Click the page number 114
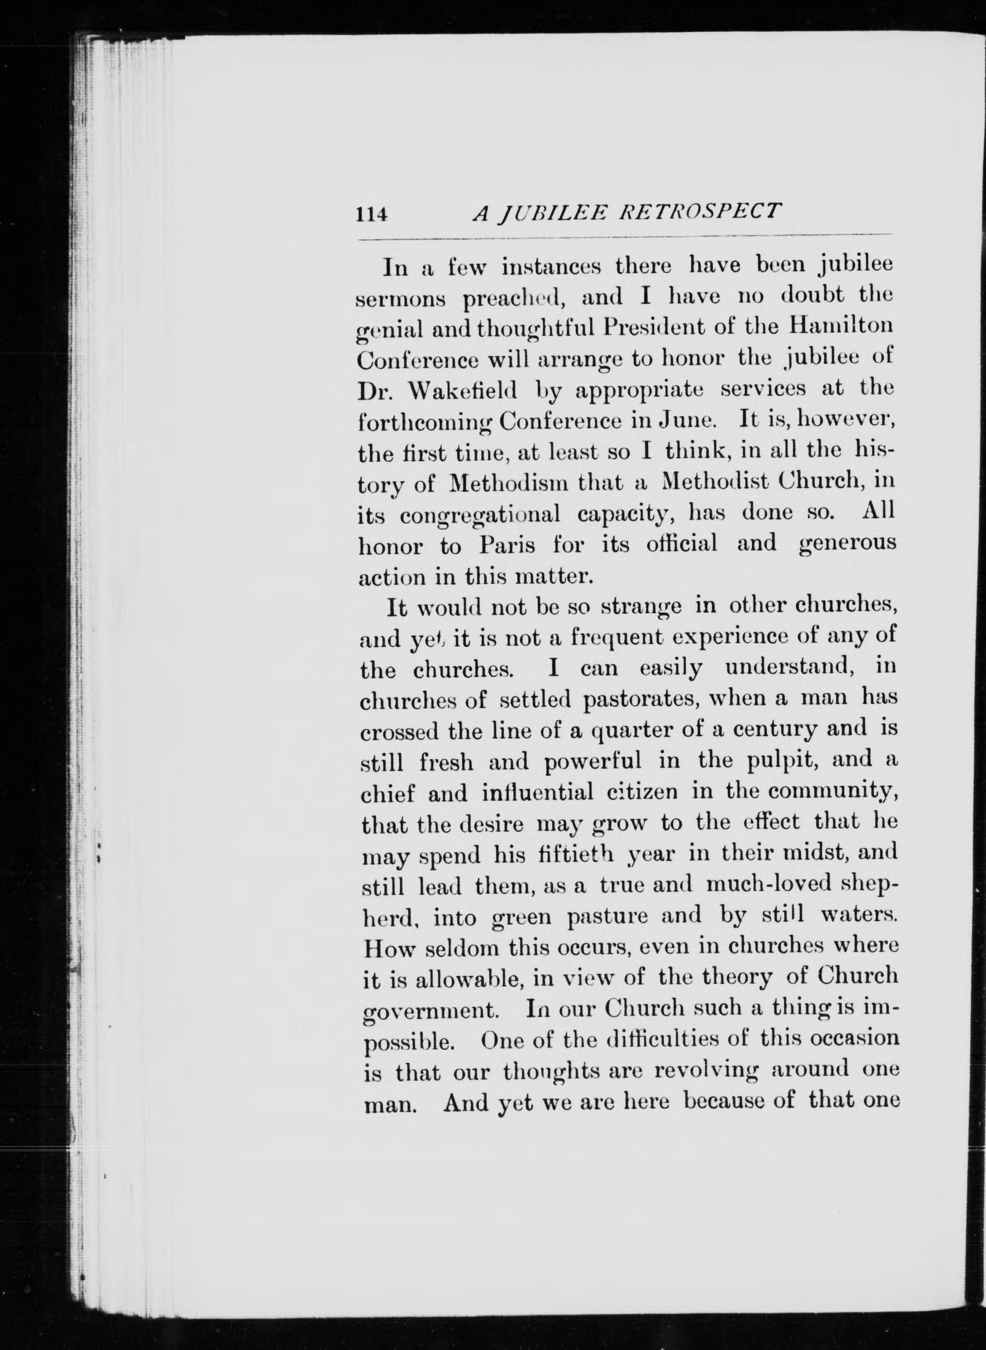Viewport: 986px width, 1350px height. click(372, 214)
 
